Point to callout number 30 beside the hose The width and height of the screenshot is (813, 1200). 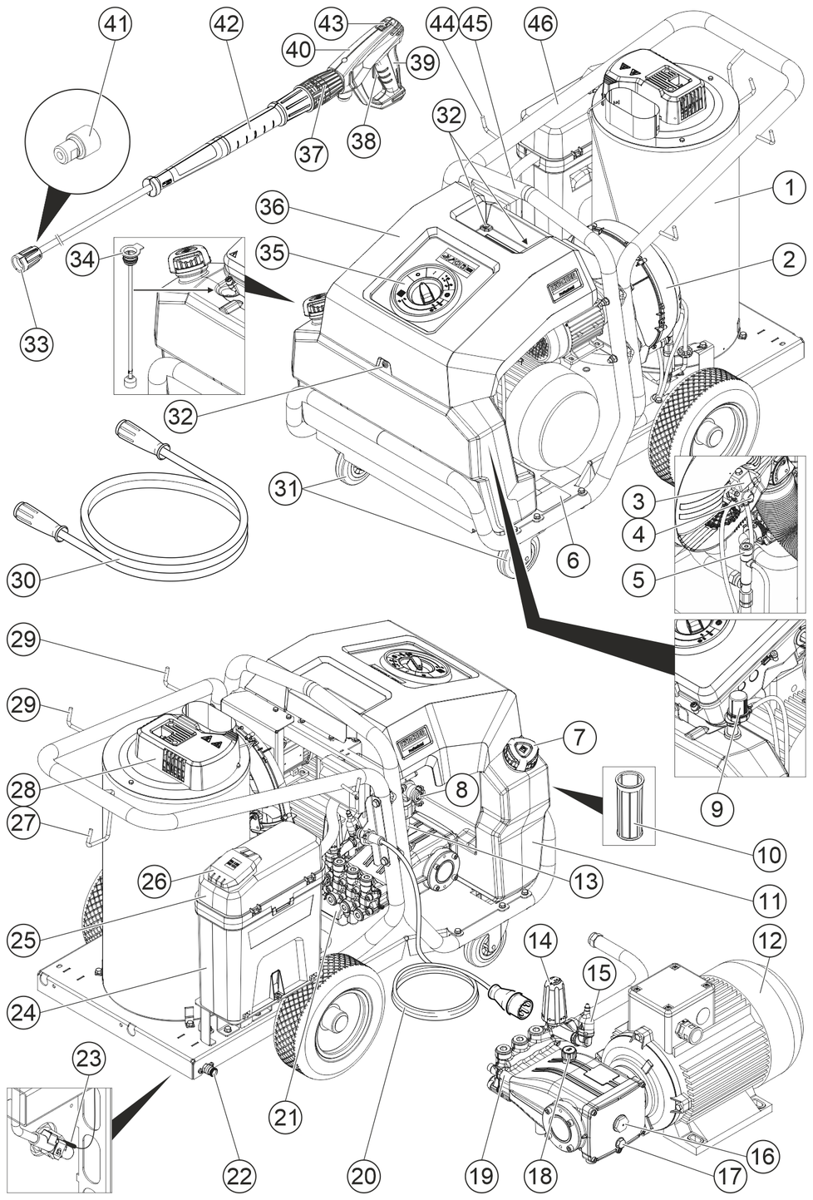25,579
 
